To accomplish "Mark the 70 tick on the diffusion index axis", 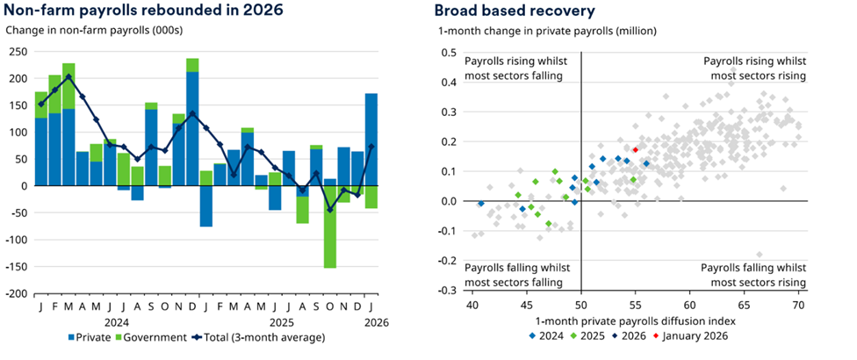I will coord(798,305).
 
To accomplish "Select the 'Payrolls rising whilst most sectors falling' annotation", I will coord(516,68).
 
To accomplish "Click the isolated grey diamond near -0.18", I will coord(760,255).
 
